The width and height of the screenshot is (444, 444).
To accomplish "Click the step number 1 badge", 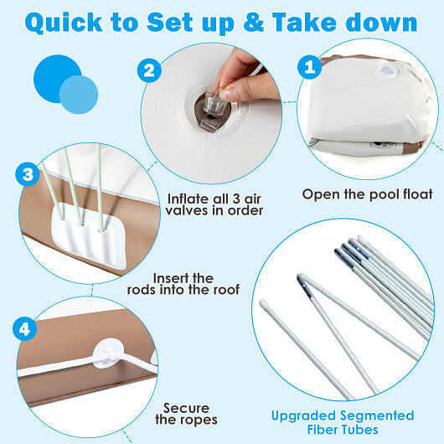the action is (309, 67).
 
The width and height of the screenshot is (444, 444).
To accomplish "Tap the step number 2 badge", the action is (149, 70).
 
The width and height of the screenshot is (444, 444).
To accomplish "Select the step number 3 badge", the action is (28, 174).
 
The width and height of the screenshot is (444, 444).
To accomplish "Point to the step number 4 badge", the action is (24, 329).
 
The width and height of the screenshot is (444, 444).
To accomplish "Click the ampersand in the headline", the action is (254, 22).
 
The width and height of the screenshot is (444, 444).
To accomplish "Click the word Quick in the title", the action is (64, 23).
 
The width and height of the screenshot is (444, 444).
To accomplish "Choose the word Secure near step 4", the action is (186, 408).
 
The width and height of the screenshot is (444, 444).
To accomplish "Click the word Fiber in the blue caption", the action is (323, 430).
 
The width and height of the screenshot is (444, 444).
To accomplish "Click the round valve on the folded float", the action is (387, 70).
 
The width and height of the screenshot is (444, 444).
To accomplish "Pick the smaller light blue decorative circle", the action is (79, 95).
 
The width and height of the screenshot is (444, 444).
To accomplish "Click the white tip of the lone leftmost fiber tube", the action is (263, 303).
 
